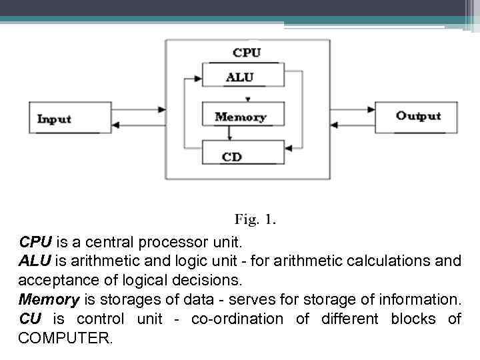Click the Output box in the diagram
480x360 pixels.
pyautogui.click(x=417, y=116)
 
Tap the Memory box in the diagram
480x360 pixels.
pyautogui.click(x=241, y=117)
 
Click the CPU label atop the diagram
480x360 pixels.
pyautogui.click(x=247, y=52)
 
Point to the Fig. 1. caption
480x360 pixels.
pyautogui.click(x=255, y=219)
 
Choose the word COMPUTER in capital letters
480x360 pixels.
pyautogui.click(x=66, y=338)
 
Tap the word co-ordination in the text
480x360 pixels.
pyautogui.click(x=237, y=319)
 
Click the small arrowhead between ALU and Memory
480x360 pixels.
pyautogui.click(x=248, y=99)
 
